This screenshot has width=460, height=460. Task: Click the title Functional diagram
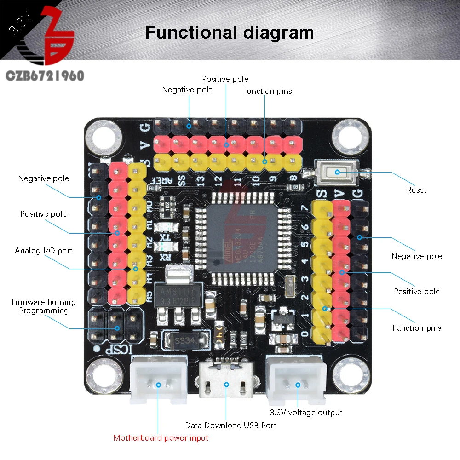[230, 33]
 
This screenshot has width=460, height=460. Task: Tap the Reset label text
[416, 190]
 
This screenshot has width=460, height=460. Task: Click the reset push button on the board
[337, 172]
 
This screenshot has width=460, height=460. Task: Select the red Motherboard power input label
[161, 438]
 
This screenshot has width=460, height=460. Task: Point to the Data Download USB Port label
[230, 425]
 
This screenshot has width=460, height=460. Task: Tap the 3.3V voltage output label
[306, 413]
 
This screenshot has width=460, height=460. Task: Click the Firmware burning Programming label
[44, 306]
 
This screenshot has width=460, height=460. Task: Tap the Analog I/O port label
[43, 251]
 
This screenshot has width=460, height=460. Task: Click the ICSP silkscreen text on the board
[116, 348]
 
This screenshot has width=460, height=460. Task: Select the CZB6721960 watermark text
[44, 75]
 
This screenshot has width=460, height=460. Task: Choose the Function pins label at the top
[267, 91]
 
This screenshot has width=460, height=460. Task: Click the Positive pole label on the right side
[416, 292]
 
